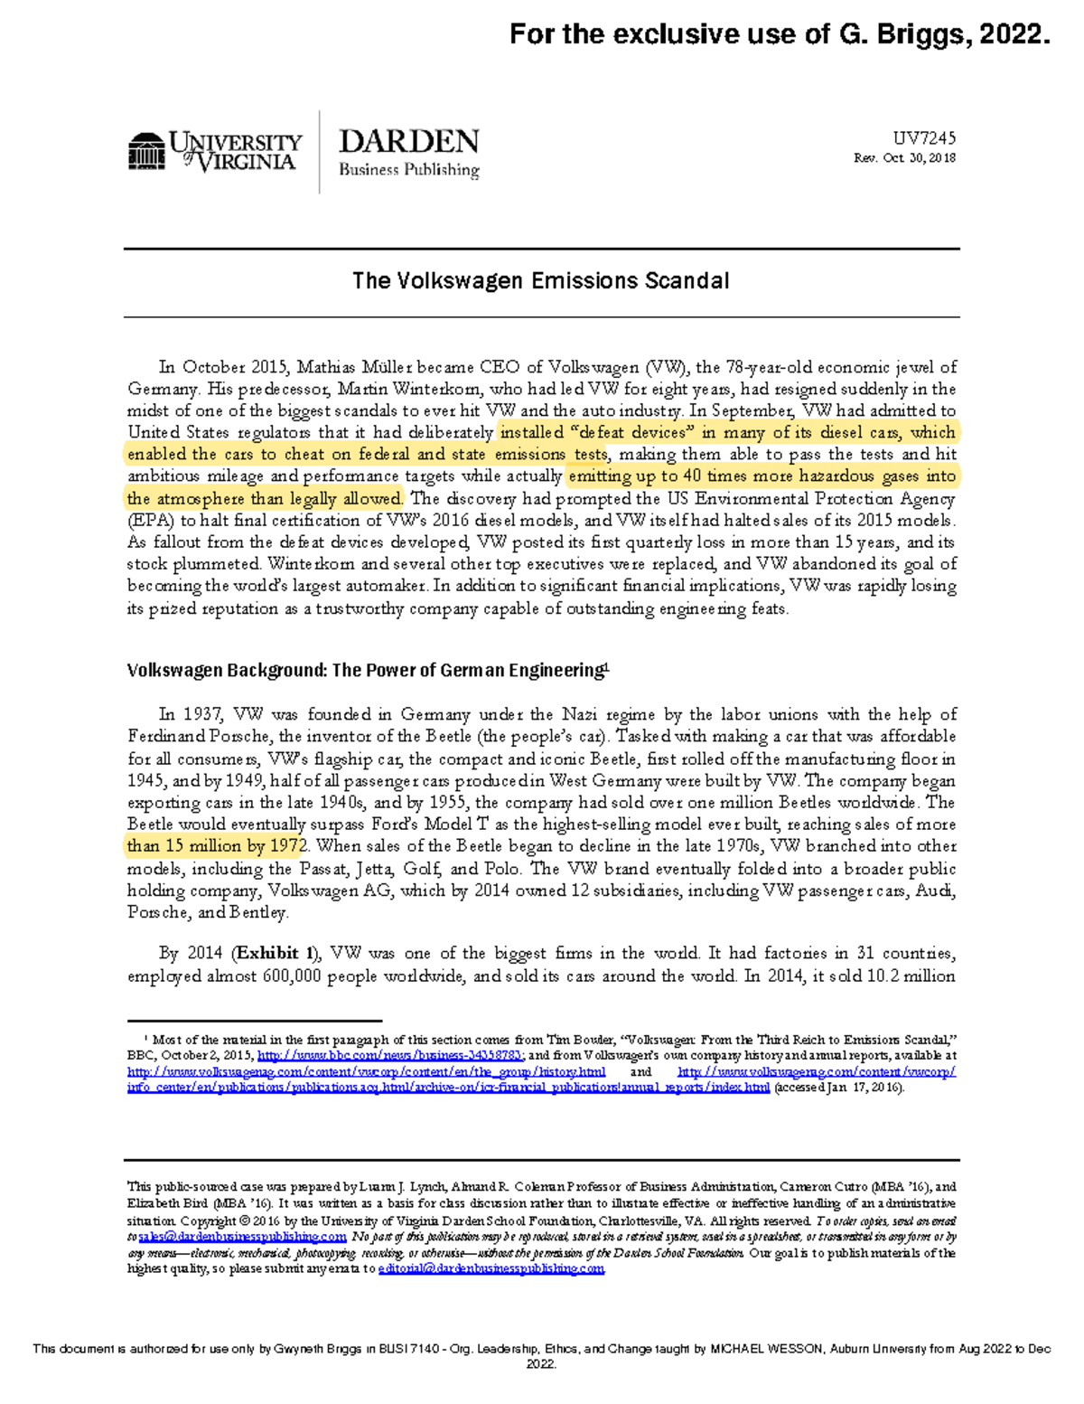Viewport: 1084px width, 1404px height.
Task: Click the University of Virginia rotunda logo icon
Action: click(x=146, y=151)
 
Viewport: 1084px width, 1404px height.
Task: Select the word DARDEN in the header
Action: click(x=408, y=142)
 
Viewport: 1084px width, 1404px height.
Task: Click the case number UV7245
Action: click(x=924, y=138)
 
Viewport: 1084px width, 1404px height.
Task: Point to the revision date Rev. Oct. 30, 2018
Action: click(x=904, y=158)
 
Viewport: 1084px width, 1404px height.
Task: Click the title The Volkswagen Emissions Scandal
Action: click(x=540, y=281)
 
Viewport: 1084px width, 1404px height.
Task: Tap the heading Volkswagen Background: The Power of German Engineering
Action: click(x=368, y=671)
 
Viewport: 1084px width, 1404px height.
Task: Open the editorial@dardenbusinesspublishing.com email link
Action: click(x=491, y=1269)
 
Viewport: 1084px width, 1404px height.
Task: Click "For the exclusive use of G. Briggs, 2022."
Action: click(x=780, y=34)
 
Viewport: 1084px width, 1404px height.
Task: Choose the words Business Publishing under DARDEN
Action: click(x=408, y=170)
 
